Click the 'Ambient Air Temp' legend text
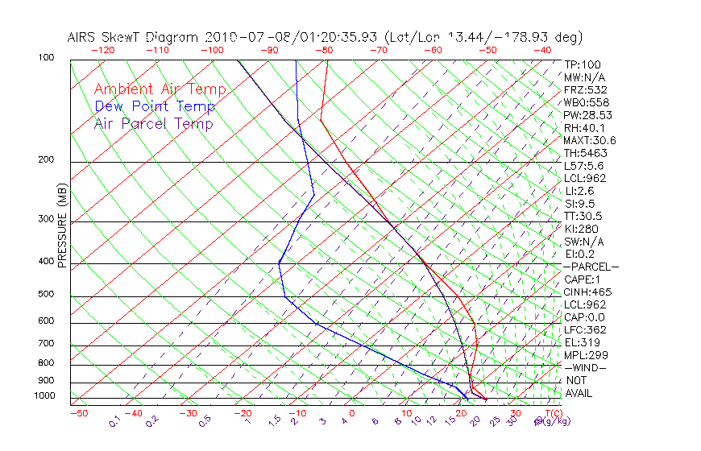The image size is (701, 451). pos(160,89)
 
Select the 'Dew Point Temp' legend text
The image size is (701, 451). pos(154,106)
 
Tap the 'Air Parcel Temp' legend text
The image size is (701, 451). pos(153,123)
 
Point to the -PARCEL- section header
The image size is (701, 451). pos(591,267)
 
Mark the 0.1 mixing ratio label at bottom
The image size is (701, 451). pos(115,420)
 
